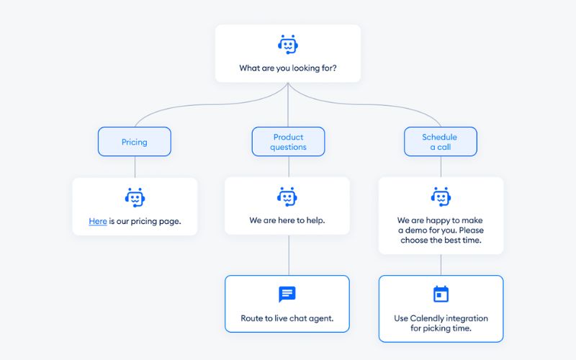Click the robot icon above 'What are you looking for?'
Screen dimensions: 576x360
pos(288,45)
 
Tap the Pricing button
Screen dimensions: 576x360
pos(135,141)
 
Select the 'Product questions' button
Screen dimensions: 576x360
pos(289,141)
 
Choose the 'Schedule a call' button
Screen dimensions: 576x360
pos(441,141)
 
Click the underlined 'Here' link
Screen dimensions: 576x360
pos(98,221)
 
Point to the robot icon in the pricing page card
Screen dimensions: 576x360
pos(135,197)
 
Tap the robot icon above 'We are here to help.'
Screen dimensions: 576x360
pos(287,197)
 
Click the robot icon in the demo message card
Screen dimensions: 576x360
pos(441,197)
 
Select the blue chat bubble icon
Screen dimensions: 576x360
pos(287,294)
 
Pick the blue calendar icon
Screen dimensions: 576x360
pos(441,294)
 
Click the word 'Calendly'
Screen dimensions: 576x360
pos(428,318)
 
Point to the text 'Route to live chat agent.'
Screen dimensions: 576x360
pos(287,318)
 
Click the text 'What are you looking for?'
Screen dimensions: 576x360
pos(288,68)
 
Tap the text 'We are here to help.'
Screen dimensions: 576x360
pos(287,220)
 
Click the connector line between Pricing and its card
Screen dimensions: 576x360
pos(135,167)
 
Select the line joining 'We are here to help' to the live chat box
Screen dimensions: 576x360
pos(289,255)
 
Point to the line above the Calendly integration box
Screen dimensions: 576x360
pos(441,264)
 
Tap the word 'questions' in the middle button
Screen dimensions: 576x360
pos(289,148)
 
